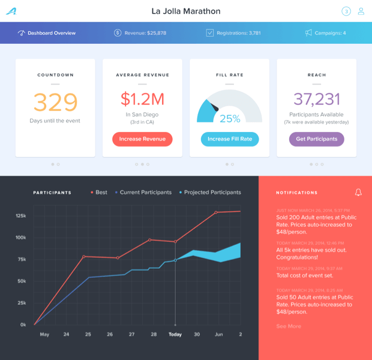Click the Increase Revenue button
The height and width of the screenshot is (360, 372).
[142, 139]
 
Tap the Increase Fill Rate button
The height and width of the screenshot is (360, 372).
[230, 139]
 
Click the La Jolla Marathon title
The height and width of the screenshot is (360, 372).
[186, 11]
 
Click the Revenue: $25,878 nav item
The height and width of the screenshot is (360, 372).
[140, 33]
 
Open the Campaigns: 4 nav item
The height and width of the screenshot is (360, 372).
[325, 33]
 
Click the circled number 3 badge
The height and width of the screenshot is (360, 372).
[346, 11]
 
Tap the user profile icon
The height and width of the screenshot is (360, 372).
[361, 11]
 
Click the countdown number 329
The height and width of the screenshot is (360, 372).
[55, 103]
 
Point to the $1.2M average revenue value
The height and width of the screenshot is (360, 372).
[142, 99]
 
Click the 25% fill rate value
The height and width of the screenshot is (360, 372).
[230, 118]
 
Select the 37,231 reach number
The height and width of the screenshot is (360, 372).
[316, 99]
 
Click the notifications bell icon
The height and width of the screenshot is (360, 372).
[358, 193]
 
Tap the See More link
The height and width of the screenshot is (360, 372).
[289, 326]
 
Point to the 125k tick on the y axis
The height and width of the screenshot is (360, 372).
[20, 215]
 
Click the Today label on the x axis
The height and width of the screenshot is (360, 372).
[175, 334]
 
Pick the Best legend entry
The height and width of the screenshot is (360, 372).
[99, 193]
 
